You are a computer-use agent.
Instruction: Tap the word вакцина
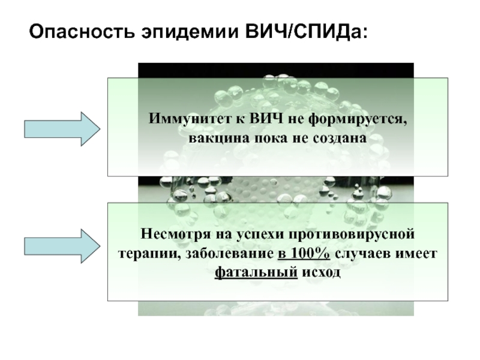(216, 137)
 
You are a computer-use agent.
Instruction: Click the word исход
(322, 271)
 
